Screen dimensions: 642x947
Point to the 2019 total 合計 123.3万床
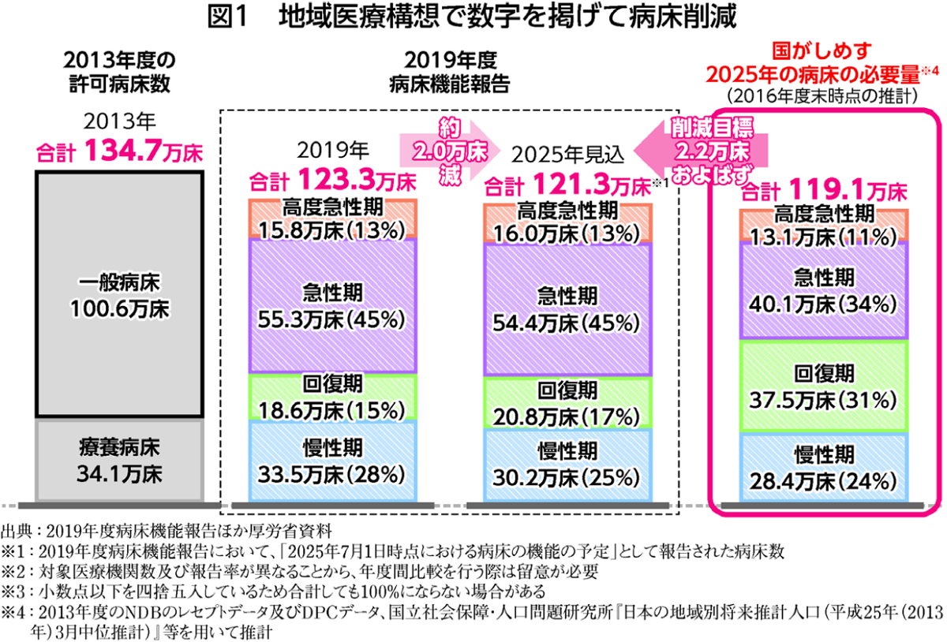332,183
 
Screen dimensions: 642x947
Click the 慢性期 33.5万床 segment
332,461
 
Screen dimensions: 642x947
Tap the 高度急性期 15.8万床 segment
332,219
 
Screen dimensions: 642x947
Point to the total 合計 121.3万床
568,186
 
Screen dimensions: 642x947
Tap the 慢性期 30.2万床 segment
568,465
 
